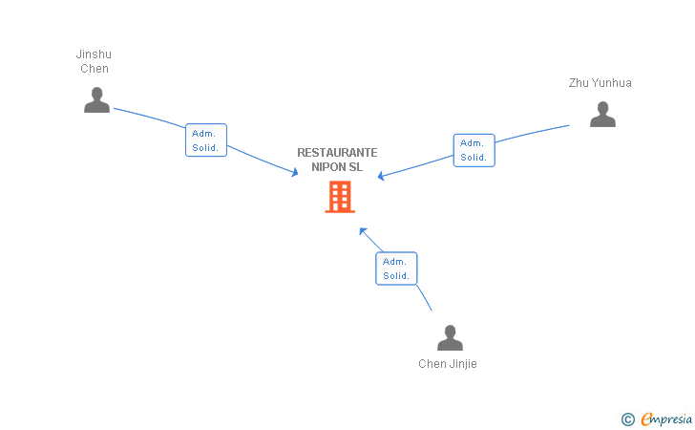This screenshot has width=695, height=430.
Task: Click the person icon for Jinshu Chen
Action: pos(96,100)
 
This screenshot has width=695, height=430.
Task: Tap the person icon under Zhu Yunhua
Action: pos(602,115)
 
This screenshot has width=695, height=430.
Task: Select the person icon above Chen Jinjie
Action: pos(450,338)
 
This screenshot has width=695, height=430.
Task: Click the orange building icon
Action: pos(340,196)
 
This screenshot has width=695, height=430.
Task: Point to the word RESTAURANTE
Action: pos(337,153)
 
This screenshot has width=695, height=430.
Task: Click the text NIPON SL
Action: pos(337,167)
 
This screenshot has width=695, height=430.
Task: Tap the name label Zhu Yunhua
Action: pos(600,83)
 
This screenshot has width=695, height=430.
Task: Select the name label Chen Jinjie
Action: pos(448,364)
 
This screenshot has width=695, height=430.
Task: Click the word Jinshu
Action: pos(94,54)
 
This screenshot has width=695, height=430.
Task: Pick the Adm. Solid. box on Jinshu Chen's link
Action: pos(205,140)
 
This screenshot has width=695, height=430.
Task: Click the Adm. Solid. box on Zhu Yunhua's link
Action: pos(474,150)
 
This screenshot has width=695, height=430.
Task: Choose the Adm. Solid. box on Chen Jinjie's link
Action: pos(396,269)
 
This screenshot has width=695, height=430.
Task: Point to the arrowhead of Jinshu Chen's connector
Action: pos(296,173)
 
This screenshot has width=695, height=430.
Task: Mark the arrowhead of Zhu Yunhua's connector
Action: pos(381,177)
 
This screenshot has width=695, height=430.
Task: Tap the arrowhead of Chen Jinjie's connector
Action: pos(362,230)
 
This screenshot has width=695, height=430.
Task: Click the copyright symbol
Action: pos(627,419)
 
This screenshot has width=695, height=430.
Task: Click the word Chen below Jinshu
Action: pos(94,69)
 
